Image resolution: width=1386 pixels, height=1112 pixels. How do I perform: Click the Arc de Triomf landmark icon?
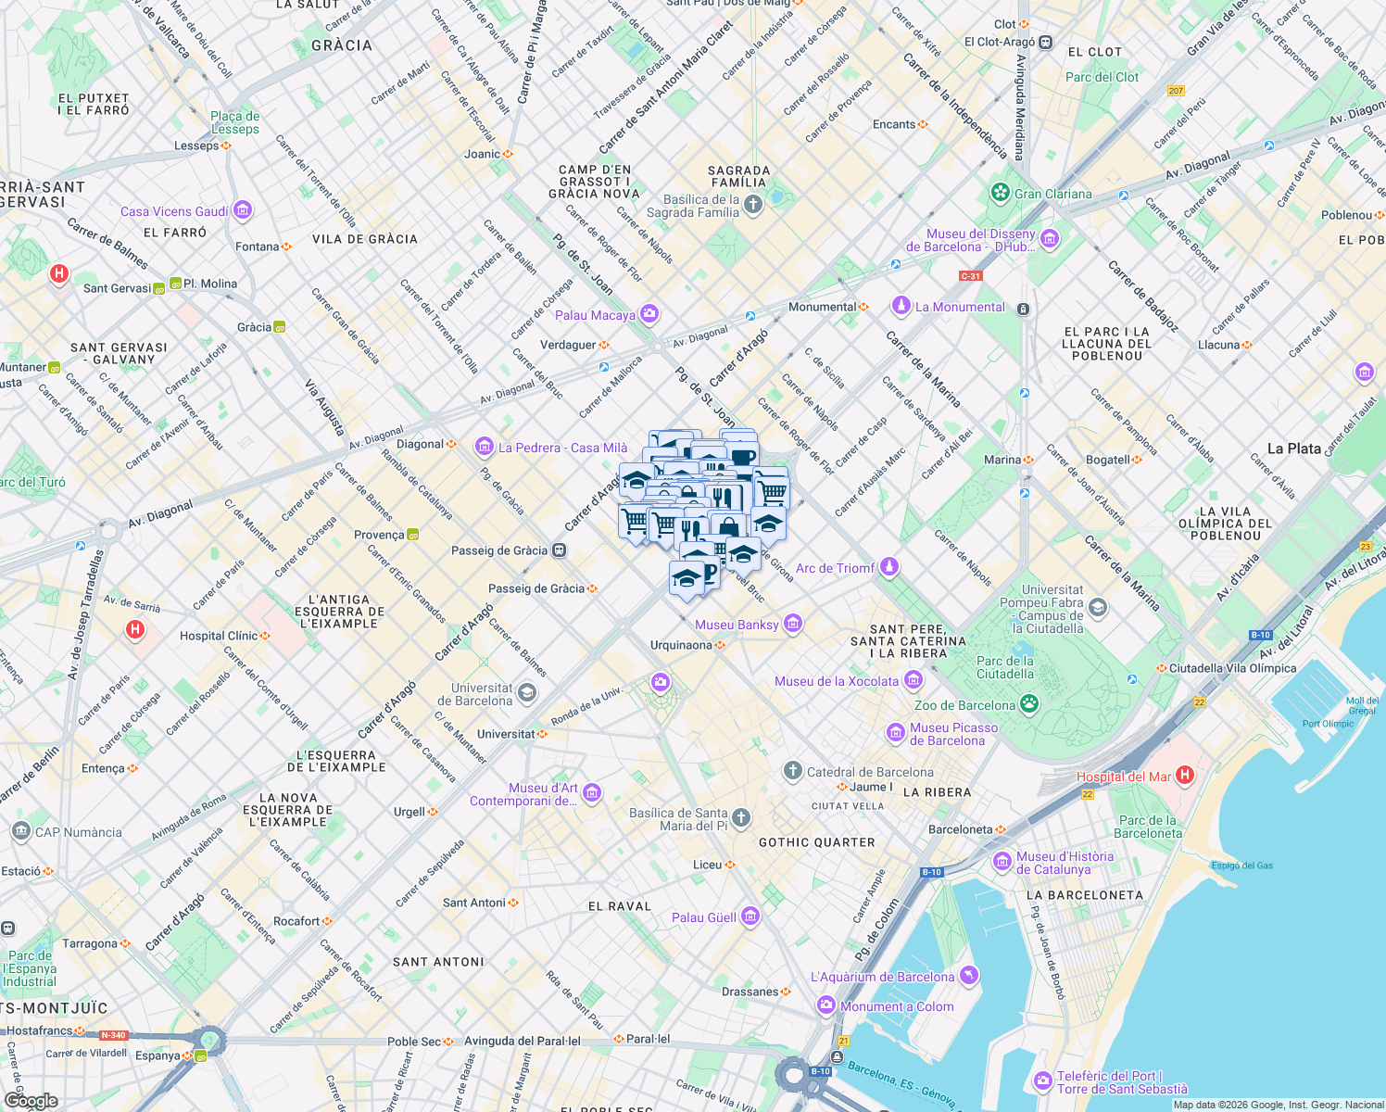tap(889, 567)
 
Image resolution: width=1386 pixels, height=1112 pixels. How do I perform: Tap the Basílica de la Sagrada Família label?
tap(700, 206)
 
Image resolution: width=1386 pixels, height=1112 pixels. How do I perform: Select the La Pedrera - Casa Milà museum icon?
tap(484, 448)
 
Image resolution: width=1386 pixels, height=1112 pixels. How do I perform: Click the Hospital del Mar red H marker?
tap(1184, 776)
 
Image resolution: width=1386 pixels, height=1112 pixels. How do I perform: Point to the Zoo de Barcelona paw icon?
tap(1029, 704)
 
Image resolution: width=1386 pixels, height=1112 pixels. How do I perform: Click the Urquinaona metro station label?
tap(681, 645)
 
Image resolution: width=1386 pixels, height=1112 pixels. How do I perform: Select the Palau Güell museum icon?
tap(750, 917)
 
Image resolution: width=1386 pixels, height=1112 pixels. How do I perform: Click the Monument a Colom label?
tap(897, 1006)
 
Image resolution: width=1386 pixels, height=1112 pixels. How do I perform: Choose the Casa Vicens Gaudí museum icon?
tap(243, 211)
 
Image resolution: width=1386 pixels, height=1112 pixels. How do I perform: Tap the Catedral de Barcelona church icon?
tap(792, 771)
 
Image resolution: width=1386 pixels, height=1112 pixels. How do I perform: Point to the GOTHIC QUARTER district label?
tap(816, 842)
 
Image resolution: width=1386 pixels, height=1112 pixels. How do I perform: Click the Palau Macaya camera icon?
tap(649, 315)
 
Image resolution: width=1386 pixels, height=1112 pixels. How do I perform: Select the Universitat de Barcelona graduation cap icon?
tap(526, 693)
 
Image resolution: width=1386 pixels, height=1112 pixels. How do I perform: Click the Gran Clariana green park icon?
tap(1000, 193)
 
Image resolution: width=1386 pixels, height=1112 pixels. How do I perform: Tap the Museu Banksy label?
tap(737, 625)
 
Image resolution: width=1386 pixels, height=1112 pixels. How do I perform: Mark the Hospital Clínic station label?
tap(219, 636)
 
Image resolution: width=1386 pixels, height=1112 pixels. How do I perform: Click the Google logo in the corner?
tap(31, 1101)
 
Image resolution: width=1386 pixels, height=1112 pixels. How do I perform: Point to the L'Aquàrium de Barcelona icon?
tap(968, 976)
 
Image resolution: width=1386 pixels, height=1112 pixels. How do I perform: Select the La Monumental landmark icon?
tap(901, 306)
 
